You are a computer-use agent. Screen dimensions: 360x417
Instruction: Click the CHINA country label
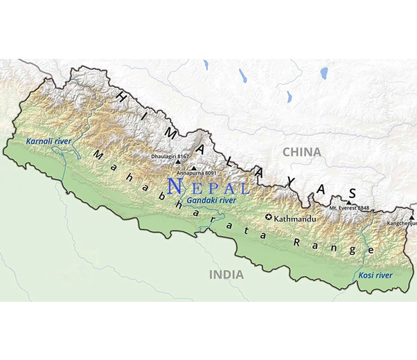301,152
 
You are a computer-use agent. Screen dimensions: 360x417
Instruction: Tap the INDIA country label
227,275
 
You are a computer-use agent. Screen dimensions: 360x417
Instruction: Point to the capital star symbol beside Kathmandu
269,218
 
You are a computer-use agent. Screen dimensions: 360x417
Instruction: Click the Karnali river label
48,141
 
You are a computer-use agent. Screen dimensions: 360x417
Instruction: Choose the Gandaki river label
212,200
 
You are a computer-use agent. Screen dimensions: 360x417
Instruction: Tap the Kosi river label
375,276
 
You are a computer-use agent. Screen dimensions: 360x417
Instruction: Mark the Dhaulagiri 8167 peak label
170,156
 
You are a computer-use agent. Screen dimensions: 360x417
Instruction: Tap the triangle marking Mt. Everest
349,201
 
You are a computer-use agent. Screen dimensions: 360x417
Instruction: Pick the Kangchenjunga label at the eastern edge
402,224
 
